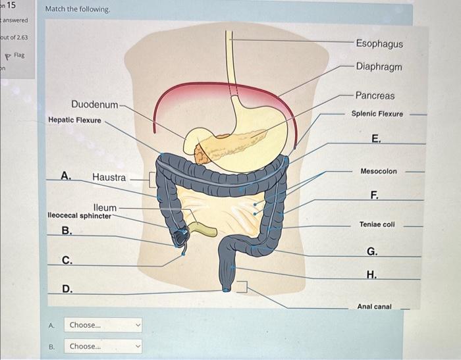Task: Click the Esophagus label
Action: point(379,43)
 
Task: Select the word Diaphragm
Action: point(379,66)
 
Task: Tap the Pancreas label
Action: point(375,95)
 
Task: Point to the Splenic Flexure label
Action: point(377,114)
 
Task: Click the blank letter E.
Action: point(375,138)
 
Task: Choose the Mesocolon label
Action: point(379,171)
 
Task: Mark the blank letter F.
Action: point(374,194)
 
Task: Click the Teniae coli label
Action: point(377,224)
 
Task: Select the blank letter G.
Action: point(372,251)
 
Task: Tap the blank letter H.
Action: point(372,274)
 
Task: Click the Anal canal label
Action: point(374,307)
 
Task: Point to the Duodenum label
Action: point(95,105)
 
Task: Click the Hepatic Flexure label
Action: point(74,120)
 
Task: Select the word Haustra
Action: point(109,177)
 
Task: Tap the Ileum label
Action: point(105,207)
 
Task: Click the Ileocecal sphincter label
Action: point(80,215)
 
